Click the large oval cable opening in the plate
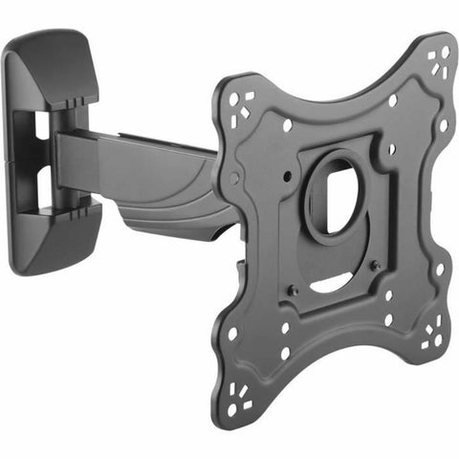(330, 197)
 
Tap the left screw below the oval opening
(294, 290)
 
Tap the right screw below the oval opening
(375, 265)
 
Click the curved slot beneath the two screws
(335, 284)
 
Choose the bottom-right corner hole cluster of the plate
(433, 335)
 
